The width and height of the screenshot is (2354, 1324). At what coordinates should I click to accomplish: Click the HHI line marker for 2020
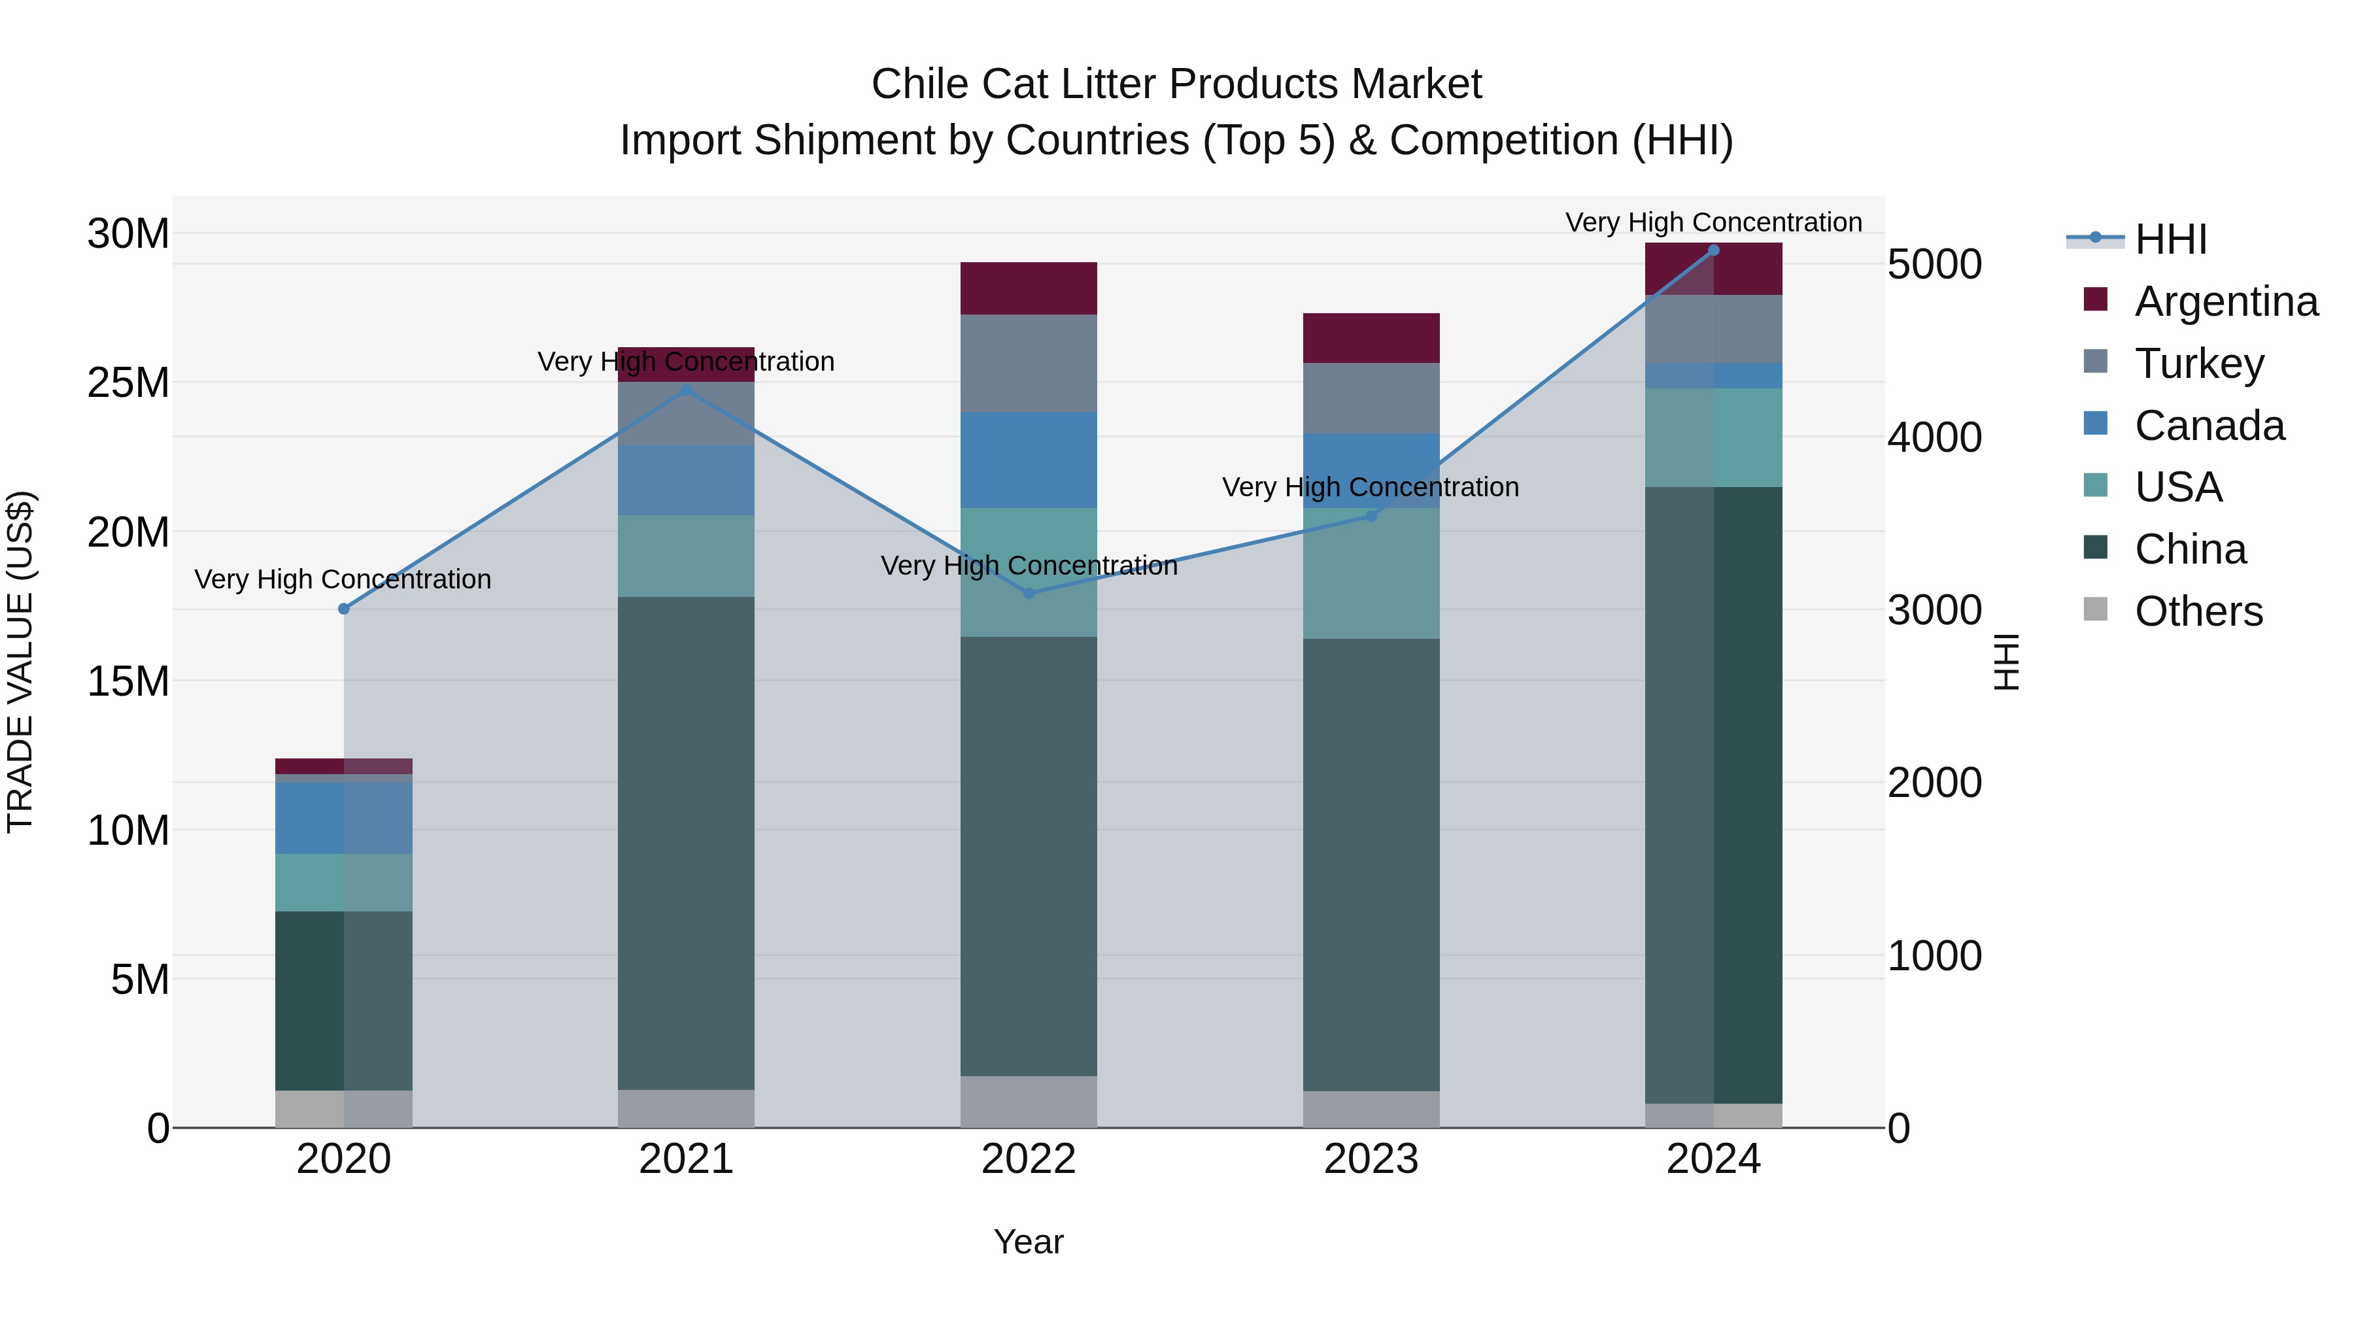(343, 609)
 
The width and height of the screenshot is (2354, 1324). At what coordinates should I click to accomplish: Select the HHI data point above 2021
(687, 390)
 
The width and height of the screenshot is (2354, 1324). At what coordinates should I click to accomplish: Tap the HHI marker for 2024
(1713, 250)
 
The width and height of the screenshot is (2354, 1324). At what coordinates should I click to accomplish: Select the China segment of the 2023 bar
(1371, 864)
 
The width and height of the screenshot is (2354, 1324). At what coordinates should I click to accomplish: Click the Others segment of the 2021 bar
(687, 1108)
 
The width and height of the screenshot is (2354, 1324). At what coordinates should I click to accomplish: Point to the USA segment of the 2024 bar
(1713, 437)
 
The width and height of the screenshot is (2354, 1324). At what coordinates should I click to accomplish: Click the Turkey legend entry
(2198, 363)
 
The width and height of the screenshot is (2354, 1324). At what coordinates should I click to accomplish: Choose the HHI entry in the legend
(2170, 239)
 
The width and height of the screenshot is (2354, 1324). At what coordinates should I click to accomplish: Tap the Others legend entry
(2198, 611)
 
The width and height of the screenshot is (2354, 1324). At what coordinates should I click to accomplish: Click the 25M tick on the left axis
(128, 383)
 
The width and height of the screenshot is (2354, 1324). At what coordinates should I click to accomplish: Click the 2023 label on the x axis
(1371, 1159)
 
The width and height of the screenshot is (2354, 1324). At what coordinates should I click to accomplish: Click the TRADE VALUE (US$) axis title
(20, 662)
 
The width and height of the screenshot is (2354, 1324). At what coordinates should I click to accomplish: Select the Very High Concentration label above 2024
(1713, 222)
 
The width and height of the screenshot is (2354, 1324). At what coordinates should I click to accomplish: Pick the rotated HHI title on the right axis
(2007, 662)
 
